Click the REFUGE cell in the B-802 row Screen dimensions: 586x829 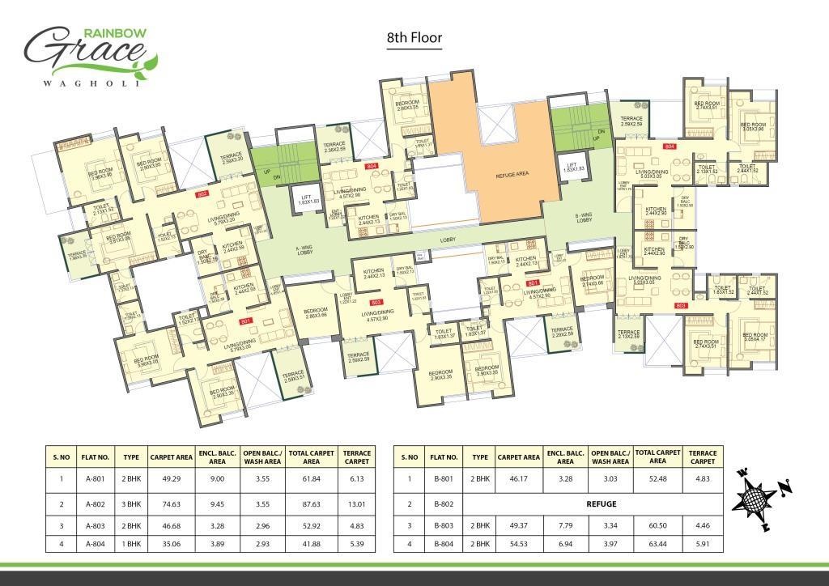tap(602, 503)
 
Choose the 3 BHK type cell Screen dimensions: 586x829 tap(131, 503)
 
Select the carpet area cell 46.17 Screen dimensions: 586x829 tap(519, 480)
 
